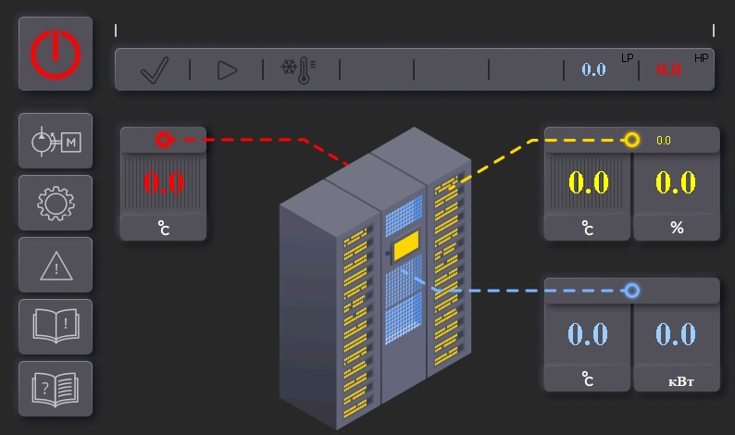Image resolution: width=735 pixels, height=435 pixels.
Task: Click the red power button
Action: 56,54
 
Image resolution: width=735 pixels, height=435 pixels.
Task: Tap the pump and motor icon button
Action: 56,141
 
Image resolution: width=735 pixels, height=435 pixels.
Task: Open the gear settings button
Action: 56,203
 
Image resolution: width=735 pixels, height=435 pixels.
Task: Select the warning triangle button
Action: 56,265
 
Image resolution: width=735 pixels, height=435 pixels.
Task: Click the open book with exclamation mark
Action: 56,327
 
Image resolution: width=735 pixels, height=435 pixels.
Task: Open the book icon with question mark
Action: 56,389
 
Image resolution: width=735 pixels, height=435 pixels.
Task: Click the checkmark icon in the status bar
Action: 155,70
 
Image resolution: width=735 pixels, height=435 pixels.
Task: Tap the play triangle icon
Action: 227,70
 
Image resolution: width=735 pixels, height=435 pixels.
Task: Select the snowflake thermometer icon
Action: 298,70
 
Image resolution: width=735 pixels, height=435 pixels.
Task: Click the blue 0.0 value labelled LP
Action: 593,69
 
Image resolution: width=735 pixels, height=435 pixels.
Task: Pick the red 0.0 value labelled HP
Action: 668,69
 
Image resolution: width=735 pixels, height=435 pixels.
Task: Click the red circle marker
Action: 164,139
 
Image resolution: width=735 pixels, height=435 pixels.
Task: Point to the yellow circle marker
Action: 632,140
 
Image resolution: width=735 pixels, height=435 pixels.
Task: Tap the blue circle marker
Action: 632,291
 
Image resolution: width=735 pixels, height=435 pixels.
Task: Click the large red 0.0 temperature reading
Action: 164,182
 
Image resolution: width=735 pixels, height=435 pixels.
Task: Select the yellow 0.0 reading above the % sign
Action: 676,182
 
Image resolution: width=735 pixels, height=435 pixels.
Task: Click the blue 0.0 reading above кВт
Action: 676,334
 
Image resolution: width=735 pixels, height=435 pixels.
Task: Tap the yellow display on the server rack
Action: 406,245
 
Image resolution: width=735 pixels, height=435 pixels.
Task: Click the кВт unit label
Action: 680,381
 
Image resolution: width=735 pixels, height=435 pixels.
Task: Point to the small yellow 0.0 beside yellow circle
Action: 664,140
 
